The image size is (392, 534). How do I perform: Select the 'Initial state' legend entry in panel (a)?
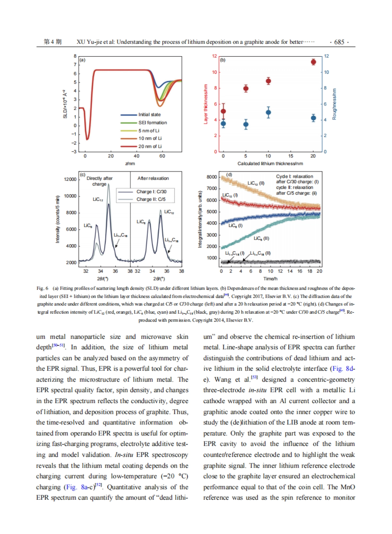(149, 115)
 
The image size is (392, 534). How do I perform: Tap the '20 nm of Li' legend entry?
(150, 147)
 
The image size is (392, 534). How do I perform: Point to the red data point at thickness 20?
(313, 62)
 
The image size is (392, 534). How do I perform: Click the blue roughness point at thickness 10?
(268, 113)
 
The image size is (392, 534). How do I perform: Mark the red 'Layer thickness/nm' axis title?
(206, 104)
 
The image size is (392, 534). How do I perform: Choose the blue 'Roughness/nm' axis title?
(334, 104)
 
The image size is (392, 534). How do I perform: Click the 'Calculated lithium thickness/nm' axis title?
(270, 164)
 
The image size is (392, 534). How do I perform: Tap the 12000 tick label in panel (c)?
(70, 179)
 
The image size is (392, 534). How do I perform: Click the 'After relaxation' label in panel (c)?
(153, 178)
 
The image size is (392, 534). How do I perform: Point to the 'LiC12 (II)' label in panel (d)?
(256, 183)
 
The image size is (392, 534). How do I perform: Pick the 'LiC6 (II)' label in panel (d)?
(261, 239)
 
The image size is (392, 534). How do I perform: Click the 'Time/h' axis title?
(270, 279)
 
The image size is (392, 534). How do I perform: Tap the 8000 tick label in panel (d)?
(212, 177)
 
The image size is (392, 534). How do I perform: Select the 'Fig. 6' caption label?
(42, 288)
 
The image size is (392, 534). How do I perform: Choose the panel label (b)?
(223, 60)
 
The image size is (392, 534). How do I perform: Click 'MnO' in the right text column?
(348, 487)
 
